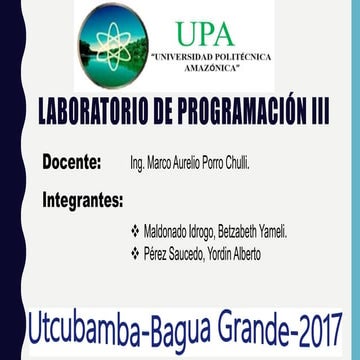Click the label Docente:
[72, 161]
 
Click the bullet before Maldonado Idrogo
[135, 231]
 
